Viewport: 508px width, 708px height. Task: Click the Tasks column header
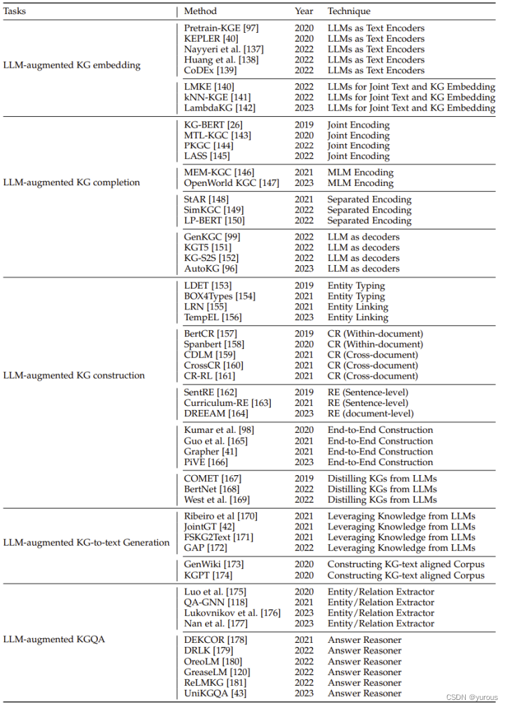[x=15, y=11]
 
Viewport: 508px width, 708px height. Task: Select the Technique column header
[x=348, y=11]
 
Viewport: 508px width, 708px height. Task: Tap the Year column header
[x=304, y=11]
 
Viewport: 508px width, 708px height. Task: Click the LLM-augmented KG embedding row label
[x=72, y=65]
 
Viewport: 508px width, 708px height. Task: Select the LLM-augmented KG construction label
[x=74, y=375]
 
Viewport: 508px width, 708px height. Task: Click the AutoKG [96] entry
[x=212, y=269]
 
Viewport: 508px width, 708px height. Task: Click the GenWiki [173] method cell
[x=216, y=564]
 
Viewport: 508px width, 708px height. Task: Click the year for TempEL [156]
[x=304, y=317]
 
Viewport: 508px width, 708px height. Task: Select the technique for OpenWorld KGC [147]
[x=360, y=183]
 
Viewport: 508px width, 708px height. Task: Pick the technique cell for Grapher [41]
[x=380, y=452]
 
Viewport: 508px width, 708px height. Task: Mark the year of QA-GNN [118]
[x=304, y=602]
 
